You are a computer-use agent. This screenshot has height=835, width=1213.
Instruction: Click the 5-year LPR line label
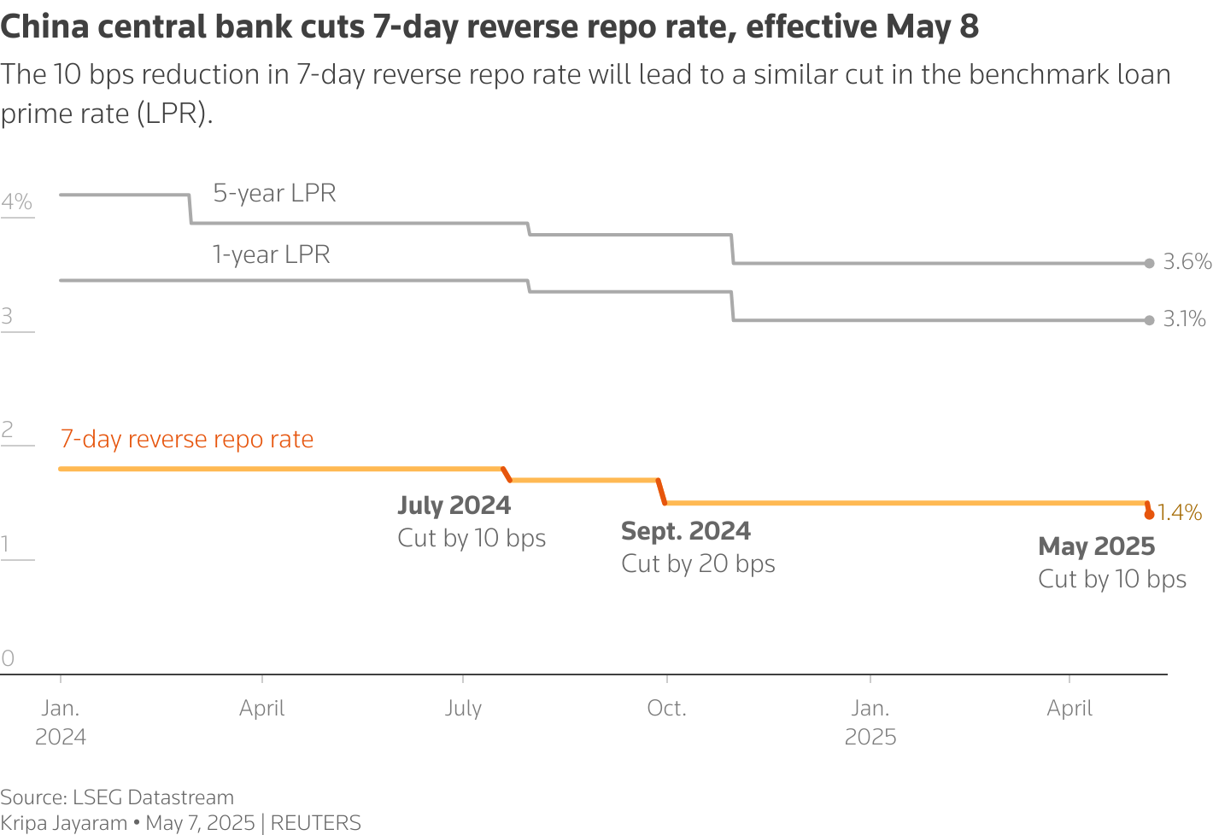274,193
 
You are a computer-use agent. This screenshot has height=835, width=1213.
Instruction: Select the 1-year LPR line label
271,254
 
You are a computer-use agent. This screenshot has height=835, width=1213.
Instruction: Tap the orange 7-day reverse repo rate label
186,439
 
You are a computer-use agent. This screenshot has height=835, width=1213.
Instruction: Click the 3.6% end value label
1187,261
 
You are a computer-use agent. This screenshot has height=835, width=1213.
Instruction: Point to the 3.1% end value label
1184,319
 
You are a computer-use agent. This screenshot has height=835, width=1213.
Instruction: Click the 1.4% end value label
1179,512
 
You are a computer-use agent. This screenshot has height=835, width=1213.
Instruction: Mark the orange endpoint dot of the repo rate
1150,514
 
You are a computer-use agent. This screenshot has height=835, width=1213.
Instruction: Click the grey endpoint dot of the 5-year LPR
1150,263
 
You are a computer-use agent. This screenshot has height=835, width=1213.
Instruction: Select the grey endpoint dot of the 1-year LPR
1150,320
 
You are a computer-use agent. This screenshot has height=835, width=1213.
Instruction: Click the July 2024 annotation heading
454,505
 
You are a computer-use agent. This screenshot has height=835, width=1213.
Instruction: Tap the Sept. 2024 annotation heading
685,531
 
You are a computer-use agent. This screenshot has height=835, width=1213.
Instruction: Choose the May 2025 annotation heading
1096,546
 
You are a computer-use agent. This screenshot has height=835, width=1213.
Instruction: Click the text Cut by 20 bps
698,563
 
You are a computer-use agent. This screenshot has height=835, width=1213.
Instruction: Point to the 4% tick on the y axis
16,202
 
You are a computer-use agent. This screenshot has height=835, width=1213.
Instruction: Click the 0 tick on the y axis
8,658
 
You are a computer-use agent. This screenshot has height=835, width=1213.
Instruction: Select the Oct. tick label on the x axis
666,709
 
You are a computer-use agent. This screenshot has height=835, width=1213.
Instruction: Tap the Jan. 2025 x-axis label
870,722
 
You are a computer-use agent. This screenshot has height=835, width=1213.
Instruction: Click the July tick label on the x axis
463,709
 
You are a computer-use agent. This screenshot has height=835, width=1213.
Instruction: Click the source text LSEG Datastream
153,797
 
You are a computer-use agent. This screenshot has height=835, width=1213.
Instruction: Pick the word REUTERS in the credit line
315,823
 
